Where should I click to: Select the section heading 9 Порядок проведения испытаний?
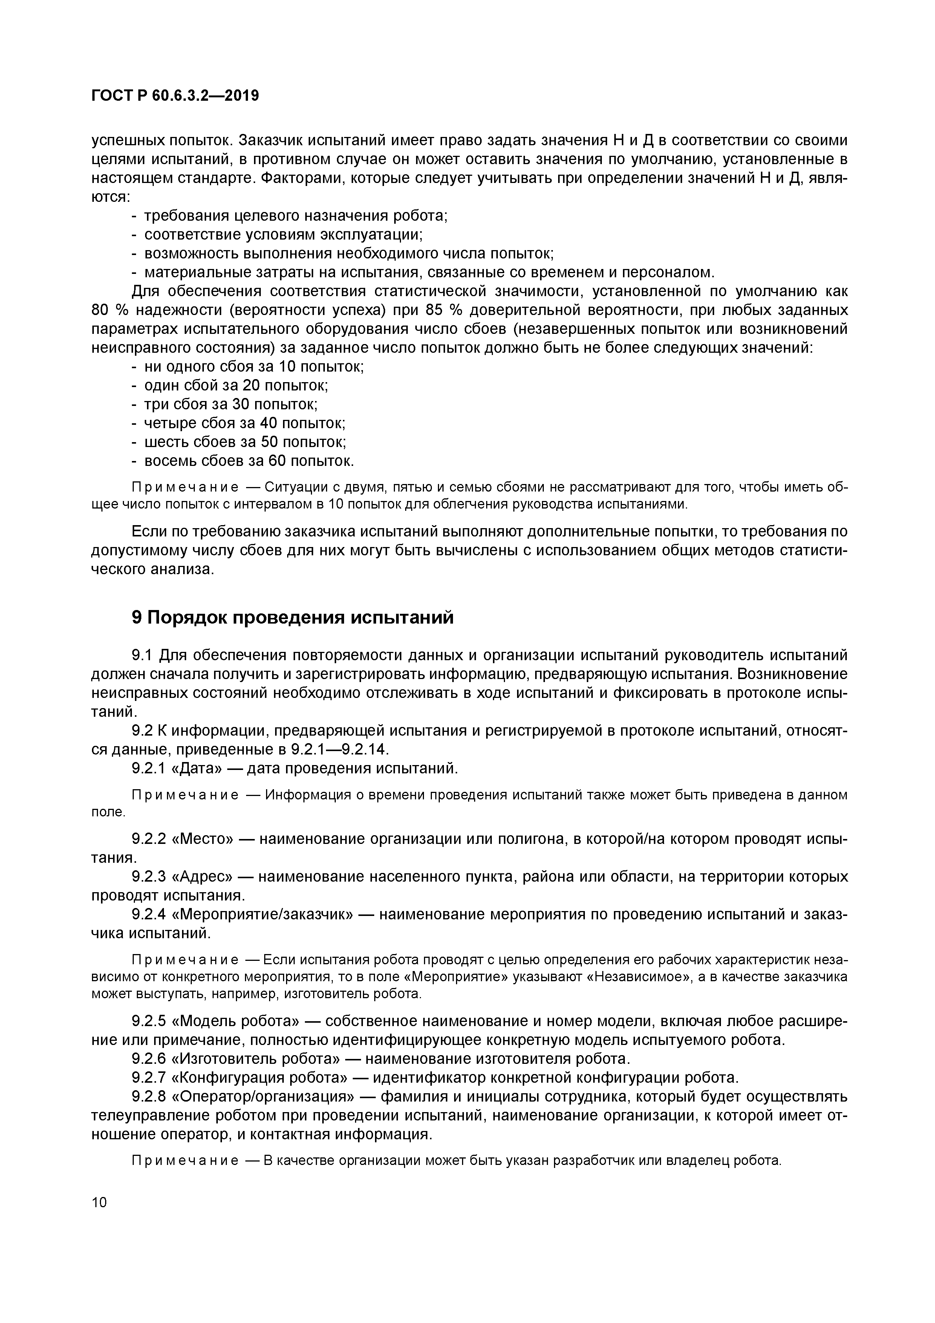tap(292, 618)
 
